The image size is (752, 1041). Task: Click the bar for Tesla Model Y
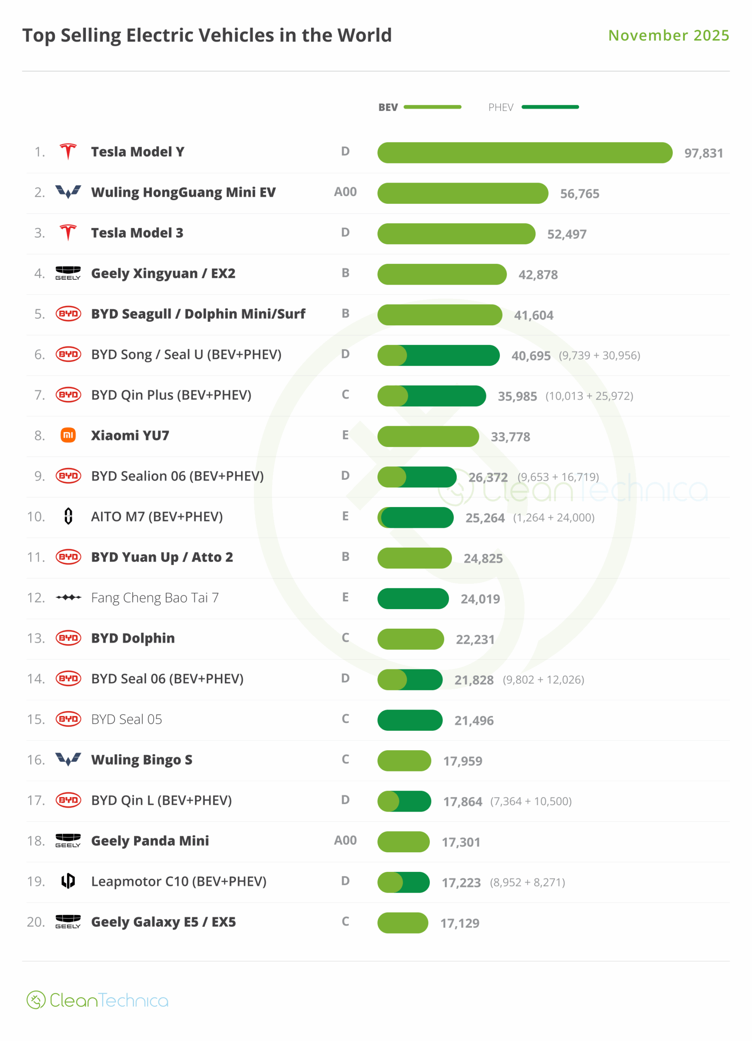coord(524,153)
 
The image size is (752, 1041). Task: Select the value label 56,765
coord(580,194)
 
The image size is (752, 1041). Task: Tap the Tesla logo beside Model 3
coord(68,233)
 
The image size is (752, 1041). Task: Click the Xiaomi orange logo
coord(68,435)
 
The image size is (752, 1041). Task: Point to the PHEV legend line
coord(550,107)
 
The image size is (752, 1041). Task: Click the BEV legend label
coord(388,107)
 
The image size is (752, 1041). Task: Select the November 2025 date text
coord(669,35)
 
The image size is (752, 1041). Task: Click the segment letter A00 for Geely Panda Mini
coord(345,841)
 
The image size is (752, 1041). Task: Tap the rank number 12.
coord(36,598)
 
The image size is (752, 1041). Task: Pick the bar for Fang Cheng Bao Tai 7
coord(413,599)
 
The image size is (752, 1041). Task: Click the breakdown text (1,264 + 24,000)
coord(554,518)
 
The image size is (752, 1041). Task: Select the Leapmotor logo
coord(68,881)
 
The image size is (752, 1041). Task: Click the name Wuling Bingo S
coord(142,760)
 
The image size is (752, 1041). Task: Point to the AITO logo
coord(68,516)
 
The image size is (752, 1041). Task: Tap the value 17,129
coord(460,923)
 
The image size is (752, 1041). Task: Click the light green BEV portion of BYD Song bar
coord(391,355)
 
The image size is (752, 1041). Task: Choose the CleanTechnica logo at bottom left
coord(97,1001)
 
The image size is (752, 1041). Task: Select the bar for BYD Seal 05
coord(410,720)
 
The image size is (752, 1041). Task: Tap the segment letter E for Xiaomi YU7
coord(345,435)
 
